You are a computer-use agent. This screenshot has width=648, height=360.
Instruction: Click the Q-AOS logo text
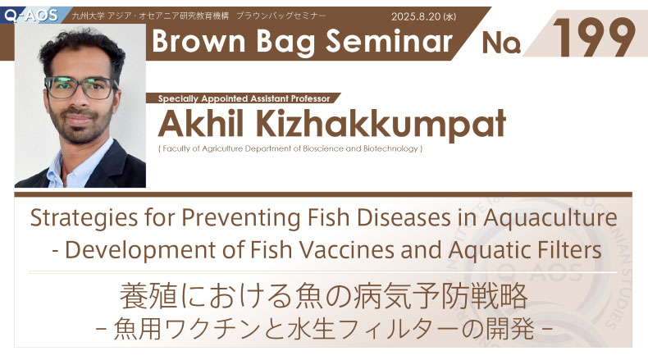pyautogui.click(x=31, y=16)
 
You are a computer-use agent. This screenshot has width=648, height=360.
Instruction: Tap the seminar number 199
pyautogui.click(x=595, y=38)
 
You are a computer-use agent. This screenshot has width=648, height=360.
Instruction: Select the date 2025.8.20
pyautogui.click(x=416, y=16)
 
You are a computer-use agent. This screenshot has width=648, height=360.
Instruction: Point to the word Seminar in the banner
pyautogui.click(x=390, y=42)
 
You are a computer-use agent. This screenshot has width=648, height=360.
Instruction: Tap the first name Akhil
pyautogui.click(x=200, y=123)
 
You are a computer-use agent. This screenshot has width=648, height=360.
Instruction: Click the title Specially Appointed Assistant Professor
pyautogui.click(x=244, y=98)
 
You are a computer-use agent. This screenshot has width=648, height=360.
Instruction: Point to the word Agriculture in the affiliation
pyautogui.click(x=222, y=148)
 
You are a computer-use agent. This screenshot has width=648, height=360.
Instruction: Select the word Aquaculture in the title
pyautogui.click(x=550, y=218)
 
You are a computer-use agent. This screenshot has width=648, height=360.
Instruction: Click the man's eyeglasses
pyautogui.click(x=80, y=88)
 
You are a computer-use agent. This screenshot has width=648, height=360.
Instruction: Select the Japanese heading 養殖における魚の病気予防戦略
pyautogui.click(x=323, y=296)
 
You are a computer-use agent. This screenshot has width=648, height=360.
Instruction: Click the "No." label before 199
pyautogui.click(x=501, y=43)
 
